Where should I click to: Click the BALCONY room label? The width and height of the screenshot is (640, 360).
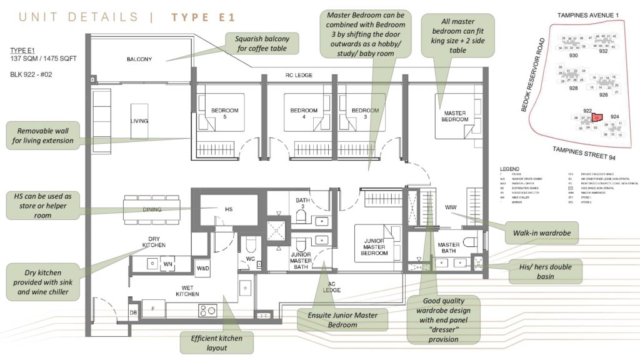coord(139,59)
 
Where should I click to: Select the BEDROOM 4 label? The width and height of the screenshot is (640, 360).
coord(304,114)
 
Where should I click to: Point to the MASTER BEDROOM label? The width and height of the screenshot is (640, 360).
coord(454,116)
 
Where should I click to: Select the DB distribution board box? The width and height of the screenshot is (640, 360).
coord(133,312)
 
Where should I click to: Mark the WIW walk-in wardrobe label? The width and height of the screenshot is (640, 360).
coord(451,207)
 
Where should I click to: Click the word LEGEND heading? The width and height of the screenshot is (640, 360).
coord(510,169)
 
